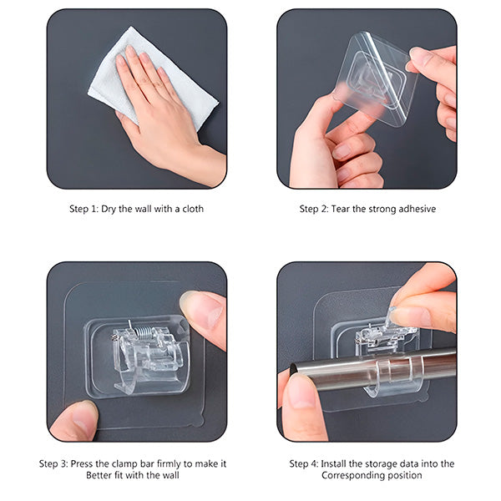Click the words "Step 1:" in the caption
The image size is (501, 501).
coord(84,209)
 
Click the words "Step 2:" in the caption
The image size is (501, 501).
coord(316,209)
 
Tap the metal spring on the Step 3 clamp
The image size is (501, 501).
coord(146,332)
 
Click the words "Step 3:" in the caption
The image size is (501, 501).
coord(55,463)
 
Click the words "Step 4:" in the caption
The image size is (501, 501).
coord(306,463)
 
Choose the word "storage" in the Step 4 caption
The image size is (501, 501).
coord(389,463)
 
